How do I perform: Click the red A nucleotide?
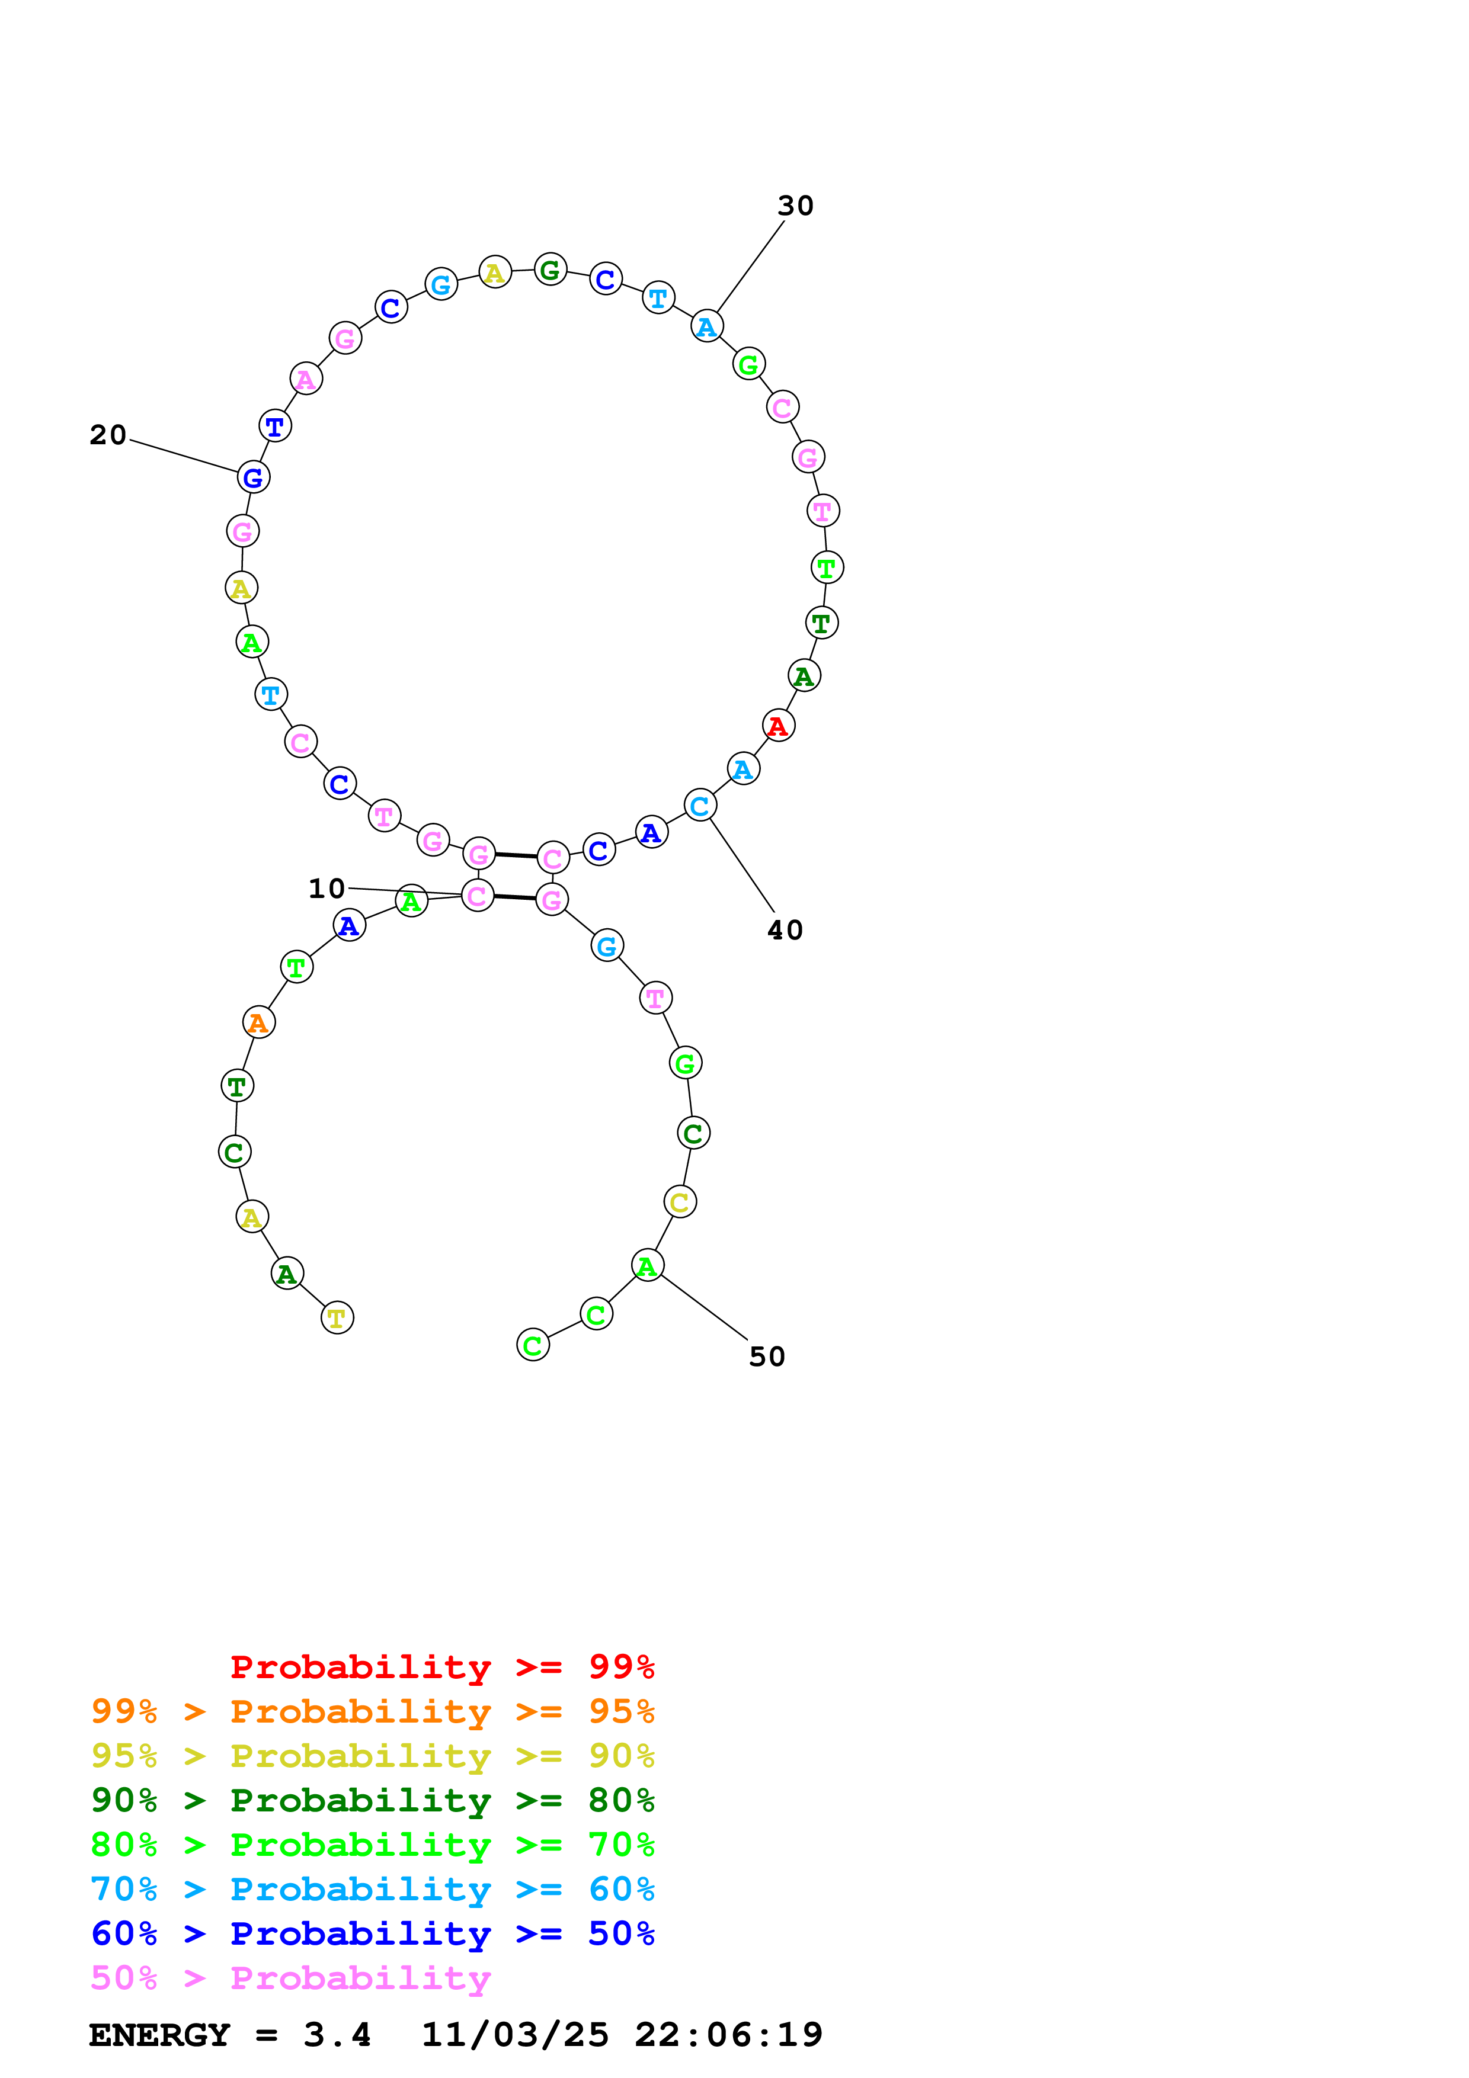click(777, 726)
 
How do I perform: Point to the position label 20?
click(108, 435)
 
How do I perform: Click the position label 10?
click(327, 889)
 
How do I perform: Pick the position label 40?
click(785, 931)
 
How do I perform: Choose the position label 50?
click(767, 1357)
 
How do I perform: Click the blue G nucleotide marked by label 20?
click(254, 477)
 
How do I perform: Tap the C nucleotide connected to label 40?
click(700, 806)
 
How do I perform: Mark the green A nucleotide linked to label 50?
click(647, 1265)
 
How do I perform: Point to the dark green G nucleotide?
click(551, 270)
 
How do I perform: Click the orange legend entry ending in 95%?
click(372, 1711)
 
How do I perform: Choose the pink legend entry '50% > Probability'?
click(290, 1977)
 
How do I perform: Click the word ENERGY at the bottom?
click(159, 2035)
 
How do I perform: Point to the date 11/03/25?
click(515, 2035)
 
